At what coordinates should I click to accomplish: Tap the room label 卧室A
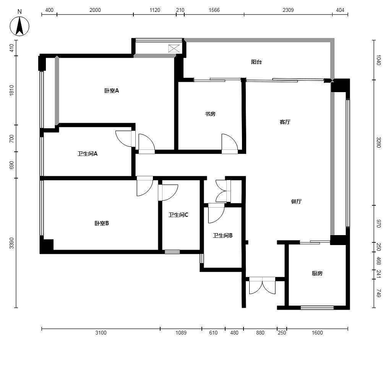(112, 91)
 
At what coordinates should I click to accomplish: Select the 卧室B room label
(102, 223)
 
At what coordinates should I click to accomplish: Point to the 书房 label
(210, 114)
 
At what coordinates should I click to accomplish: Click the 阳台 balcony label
(257, 62)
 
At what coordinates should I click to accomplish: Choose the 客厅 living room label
(285, 122)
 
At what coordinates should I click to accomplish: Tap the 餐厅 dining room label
(296, 201)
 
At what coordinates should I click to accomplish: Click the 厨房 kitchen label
(317, 273)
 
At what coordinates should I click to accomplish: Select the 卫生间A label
(88, 154)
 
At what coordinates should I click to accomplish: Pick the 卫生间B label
(223, 235)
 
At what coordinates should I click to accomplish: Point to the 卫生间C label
(179, 215)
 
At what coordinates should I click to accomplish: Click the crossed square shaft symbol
(174, 49)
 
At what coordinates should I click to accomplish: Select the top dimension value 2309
(288, 10)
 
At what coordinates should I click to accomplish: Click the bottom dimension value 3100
(101, 333)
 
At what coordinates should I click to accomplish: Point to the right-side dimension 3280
(378, 142)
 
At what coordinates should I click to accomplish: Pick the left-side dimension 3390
(11, 243)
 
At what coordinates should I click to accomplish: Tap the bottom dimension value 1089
(181, 333)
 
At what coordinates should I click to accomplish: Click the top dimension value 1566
(214, 10)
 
